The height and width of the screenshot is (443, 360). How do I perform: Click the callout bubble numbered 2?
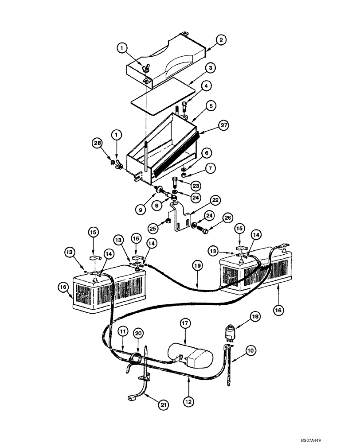coord(222,40)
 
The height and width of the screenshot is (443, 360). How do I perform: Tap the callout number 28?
coord(98,143)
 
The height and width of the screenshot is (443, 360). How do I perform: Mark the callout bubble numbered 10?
coord(250,351)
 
